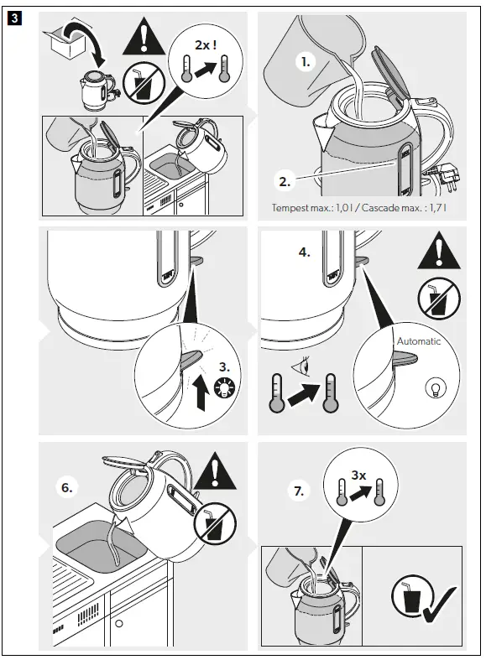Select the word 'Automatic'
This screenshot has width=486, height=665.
[418, 341]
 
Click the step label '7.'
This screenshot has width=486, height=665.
[297, 491]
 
